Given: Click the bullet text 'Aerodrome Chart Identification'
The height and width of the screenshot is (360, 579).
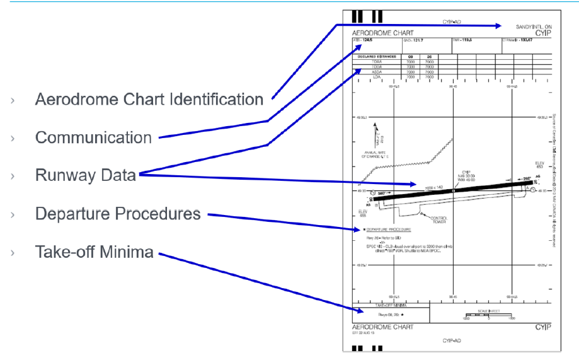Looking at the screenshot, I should coord(149,100).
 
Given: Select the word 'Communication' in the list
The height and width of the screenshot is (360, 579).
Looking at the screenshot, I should coord(93,137).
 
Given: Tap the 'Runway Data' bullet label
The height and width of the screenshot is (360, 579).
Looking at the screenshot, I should coord(85,175).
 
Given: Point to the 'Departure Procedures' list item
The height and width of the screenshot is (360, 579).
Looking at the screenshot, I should coord(118,214).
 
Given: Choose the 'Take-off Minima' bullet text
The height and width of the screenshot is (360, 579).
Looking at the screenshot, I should coord(94,252).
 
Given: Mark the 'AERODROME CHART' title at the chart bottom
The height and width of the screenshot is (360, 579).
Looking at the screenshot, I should coord(382,327).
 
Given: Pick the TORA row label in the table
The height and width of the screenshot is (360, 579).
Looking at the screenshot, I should coord(377,62).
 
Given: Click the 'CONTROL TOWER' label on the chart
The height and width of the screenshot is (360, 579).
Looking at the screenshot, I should coord(439,220).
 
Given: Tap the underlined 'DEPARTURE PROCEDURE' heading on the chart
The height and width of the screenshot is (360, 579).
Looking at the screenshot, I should coord(389,229).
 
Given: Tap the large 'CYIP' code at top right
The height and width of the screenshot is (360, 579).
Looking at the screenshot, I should coord(542,32).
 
